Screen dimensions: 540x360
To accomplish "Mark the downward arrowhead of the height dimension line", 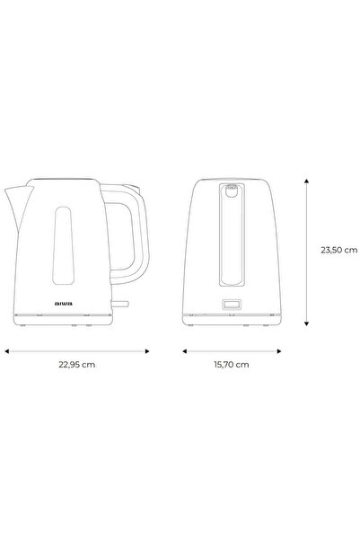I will (x=308, y=324).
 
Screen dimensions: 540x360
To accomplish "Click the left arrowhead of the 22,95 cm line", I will (x=8, y=352).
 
